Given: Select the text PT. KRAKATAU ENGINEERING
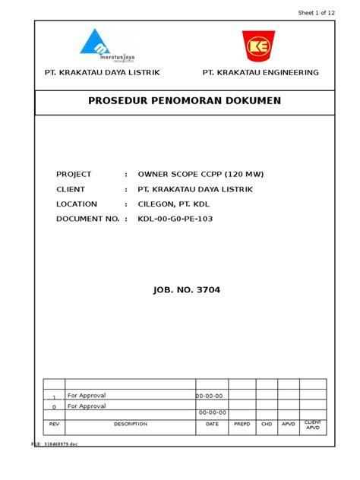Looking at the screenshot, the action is [260, 73].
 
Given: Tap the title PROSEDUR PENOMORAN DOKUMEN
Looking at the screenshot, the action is [185, 101].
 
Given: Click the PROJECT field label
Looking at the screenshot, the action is [74, 174].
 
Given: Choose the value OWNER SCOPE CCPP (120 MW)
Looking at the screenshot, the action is [201, 174].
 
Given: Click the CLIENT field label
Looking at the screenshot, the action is [71, 189].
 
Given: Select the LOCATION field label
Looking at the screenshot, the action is [77, 204].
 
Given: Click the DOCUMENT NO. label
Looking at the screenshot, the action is [88, 219].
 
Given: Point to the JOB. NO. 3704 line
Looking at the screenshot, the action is [185, 290].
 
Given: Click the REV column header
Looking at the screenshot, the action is [54, 424].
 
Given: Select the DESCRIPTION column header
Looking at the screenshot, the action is [131, 424].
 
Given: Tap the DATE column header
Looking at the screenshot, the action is [212, 424].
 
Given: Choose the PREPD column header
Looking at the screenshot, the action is [242, 424].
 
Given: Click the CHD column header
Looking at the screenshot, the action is [267, 424].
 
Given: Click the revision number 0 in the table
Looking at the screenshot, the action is [54, 406].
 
